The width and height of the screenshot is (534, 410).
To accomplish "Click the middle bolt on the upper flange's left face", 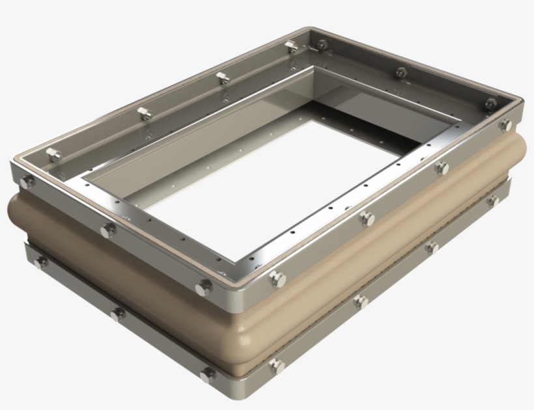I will tap(108, 229).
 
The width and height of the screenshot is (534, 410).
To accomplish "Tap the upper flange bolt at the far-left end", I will tap(27, 182).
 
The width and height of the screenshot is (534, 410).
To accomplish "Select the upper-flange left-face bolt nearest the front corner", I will tap(204, 286).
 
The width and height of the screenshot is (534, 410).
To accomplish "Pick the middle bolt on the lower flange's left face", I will tap(118, 314).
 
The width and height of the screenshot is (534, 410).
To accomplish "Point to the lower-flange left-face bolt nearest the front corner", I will tap(208, 375).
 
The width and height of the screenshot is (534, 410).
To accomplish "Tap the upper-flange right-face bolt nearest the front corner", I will tap(278, 279).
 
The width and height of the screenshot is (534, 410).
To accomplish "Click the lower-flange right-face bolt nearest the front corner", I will tap(276, 366).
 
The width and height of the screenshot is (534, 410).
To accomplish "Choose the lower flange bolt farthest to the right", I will tap(493, 200).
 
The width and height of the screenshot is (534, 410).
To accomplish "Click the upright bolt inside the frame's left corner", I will tap(53, 154).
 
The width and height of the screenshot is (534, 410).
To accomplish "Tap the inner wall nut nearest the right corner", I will tap(490, 102).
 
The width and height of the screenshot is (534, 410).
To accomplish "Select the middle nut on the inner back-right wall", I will tap(400, 72).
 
